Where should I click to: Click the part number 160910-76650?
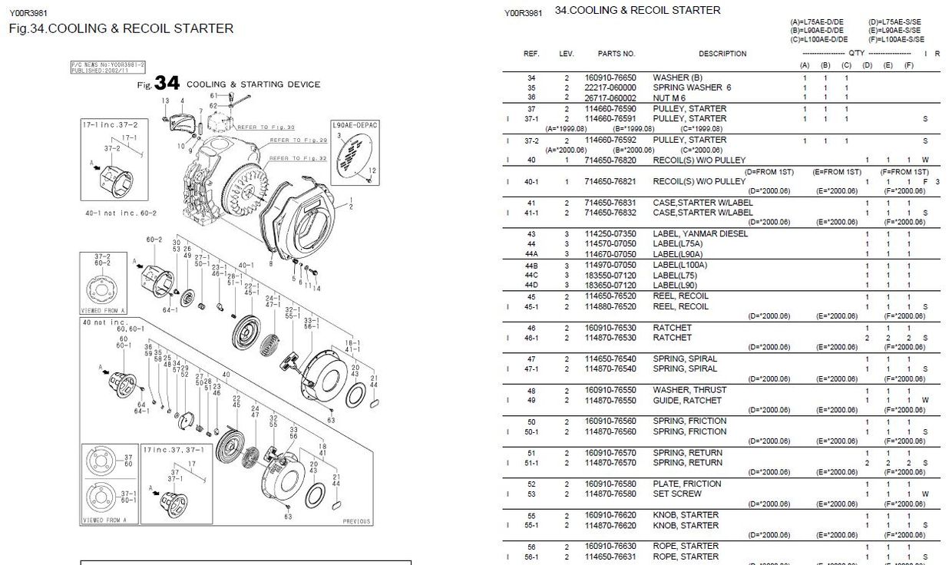[x=610, y=78]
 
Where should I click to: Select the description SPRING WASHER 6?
[x=692, y=88]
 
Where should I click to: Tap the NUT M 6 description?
[x=669, y=97]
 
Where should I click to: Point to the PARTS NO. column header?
[x=616, y=54]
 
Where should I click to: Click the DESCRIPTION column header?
[x=722, y=54]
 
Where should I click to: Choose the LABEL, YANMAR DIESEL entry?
[x=699, y=234]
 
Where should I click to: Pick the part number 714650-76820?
[x=610, y=160]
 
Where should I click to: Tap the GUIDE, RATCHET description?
[x=687, y=401]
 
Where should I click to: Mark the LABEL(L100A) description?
[x=679, y=266]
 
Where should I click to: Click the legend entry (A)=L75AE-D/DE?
[x=818, y=22]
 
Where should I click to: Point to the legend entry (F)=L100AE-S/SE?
[x=896, y=39]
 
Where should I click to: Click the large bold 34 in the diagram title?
[x=167, y=83]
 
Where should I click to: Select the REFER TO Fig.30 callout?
[x=266, y=127]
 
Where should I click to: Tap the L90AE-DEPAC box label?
[x=355, y=124]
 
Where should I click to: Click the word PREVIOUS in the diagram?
[x=356, y=521]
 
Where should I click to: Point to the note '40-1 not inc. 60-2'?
[x=121, y=212]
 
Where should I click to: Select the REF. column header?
[x=531, y=54]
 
